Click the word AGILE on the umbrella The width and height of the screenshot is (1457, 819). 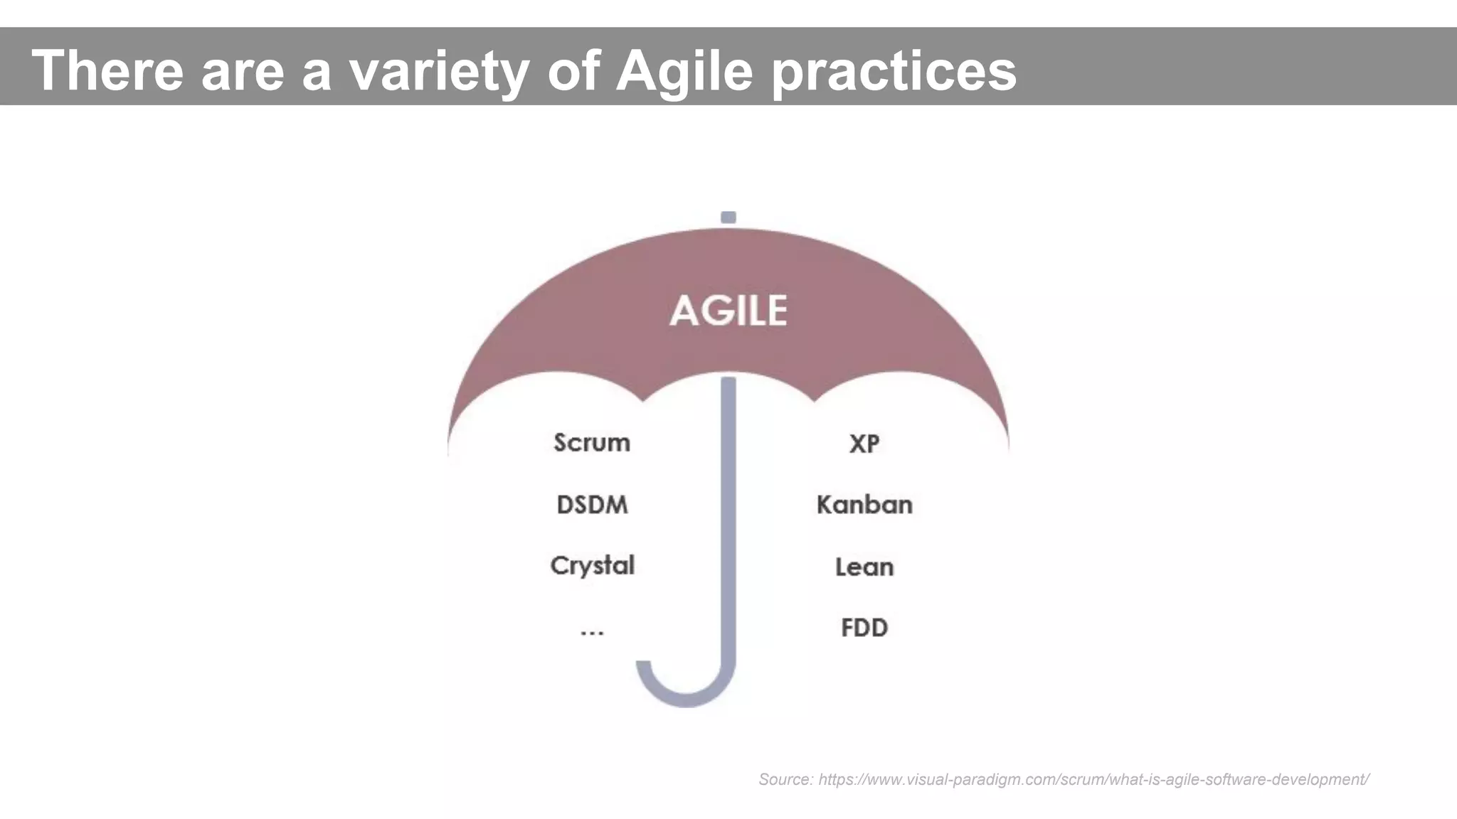pyautogui.click(x=728, y=311)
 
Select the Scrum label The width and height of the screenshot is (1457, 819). pyautogui.click(x=592, y=443)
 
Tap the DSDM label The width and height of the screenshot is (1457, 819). pyautogui.click(x=592, y=505)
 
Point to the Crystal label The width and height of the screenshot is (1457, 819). pyautogui.click(x=592, y=566)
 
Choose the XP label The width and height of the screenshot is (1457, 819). pyautogui.click(x=864, y=444)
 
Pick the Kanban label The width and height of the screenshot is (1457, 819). pyautogui.click(x=864, y=505)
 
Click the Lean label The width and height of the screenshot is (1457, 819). pyautogui.click(x=864, y=567)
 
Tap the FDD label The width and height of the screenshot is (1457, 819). pyautogui.click(x=864, y=628)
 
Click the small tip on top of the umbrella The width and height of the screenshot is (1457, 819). pyautogui.click(x=728, y=218)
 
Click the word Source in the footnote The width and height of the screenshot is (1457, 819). pyautogui.click(x=784, y=779)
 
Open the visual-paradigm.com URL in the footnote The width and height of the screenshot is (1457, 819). pyautogui.click(x=1093, y=779)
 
